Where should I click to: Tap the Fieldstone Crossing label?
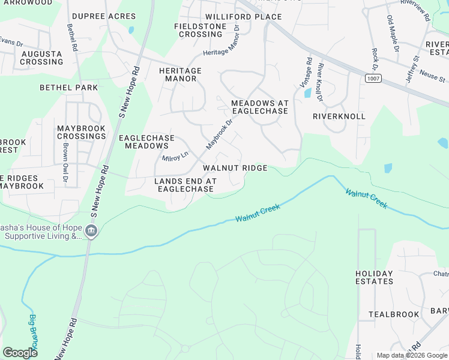click(x=200, y=30)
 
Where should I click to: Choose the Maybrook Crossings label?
click(x=82, y=133)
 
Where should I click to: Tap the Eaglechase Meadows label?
click(x=146, y=142)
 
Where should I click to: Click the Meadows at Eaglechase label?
click(x=260, y=107)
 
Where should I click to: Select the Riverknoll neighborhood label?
click(x=339, y=116)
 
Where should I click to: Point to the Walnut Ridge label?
click(x=235, y=169)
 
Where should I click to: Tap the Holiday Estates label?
click(x=374, y=277)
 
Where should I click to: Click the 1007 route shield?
click(x=372, y=79)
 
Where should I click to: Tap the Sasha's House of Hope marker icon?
click(x=91, y=231)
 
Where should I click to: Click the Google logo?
click(x=20, y=353)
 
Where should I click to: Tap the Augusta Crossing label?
click(x=41, y=58)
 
